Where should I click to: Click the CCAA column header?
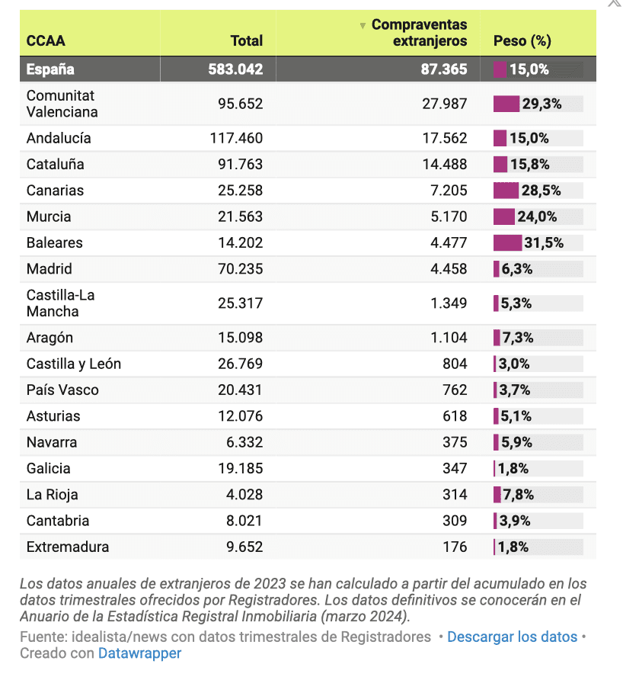click(x=46, y=41)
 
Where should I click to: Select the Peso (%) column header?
click(x=522, y=41)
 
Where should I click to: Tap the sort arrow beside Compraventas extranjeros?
click(x=363, y=26)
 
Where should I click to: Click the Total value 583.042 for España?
click(x=235, y=69)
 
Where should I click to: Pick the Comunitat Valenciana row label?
click(x=62, y=104)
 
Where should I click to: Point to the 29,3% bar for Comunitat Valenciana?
click(x=506, y=104)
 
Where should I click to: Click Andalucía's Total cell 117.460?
click(x=236, y=138)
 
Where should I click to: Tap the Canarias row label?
click(x=55, y=191)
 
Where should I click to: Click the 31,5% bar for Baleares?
click(x=508, y=242)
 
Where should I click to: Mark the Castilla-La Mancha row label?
click(x=60, y=303)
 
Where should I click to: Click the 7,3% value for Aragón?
click(x=518, y=338)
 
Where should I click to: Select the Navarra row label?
click(x=52, y=442)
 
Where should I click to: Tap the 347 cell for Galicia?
click(x=455, y=468)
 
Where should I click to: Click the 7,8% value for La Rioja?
click(x=518, y=495)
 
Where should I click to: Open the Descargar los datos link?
click(x=512, y=637)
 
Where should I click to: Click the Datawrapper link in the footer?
click(x=139, y=653)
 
